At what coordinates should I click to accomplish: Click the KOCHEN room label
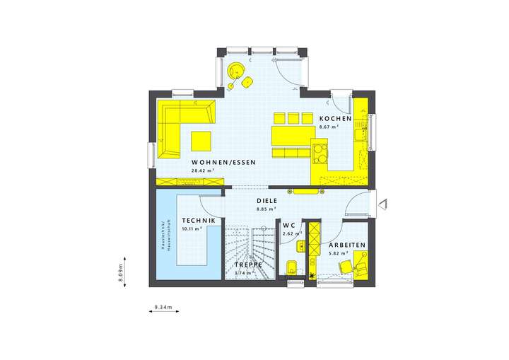330,118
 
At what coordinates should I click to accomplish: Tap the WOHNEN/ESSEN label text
222,162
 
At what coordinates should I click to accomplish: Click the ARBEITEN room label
347,245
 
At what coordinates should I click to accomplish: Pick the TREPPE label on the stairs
248,265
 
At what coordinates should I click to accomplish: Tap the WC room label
288,226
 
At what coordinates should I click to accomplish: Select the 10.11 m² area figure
192,229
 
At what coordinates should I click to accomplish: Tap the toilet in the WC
291,267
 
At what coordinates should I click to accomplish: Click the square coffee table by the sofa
200,140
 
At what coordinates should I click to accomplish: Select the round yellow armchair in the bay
235,71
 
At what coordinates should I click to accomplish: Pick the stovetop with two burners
320,153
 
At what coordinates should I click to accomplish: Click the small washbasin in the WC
300,247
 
